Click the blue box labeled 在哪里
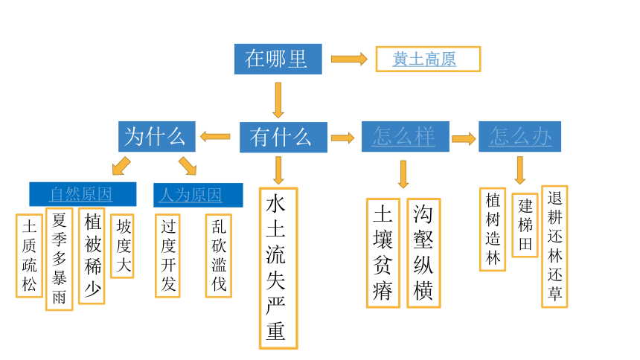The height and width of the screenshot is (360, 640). pyautogui.click(x=278, y=60)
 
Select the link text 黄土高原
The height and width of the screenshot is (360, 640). pyautogui.click(x=424, y=60)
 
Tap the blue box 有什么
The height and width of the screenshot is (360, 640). pyautogui.click(x=284, y=137)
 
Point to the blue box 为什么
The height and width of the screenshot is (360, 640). pyautogui.click(x=157, y=136)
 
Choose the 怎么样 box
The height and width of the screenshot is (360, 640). pyautogui.click(x=406, y=136)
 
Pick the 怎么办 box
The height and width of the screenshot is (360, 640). pyautogui.click(x=519, y=136)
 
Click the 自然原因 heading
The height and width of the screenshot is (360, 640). pyautogui.click(x=83, y=194)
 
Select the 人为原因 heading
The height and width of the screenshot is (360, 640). pyautogui.click(x=198, y=195)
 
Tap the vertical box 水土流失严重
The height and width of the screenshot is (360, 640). pyautogui.click(x=278, y=269)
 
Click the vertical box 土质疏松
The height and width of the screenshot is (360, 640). pyautogui.click(x=29, y=256)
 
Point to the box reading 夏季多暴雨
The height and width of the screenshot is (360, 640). pyautogui.click(x=60, y=259)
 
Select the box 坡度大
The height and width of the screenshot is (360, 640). pyautogui.click(x=123, y=246)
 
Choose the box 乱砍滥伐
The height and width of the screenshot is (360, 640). pyautogui.click(x=219, y=256)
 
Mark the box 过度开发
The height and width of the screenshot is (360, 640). pyautogui.click(x=167, y=256)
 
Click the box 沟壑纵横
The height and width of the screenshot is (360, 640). pyautogui.click(x=423, y=253)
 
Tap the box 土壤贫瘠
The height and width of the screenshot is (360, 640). pyautogui.click(x=383, y=253)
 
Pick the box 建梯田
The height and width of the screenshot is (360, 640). pyautogui.click(x=525, y=225)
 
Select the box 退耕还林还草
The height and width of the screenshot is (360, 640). pyautogui.click(x=554, y=246)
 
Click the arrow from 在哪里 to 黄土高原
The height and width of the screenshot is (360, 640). pyautogui.click(x=349, y=60)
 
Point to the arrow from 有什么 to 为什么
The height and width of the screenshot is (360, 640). pyautogui.click(x=215, y=136)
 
